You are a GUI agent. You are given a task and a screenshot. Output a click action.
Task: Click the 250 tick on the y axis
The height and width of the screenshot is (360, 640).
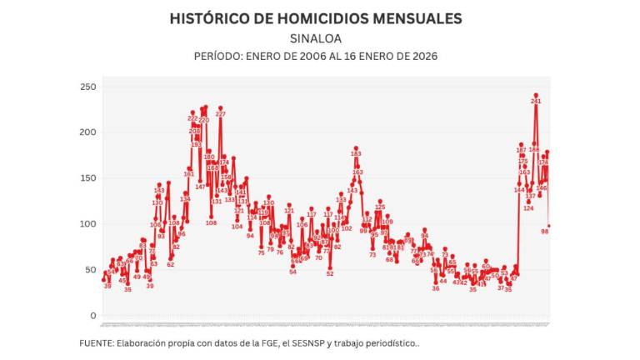pos(87,87)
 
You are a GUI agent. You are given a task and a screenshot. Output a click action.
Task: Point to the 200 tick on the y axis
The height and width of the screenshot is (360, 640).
pos(87,132)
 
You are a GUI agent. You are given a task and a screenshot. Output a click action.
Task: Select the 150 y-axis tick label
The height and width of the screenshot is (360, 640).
pos(87,178)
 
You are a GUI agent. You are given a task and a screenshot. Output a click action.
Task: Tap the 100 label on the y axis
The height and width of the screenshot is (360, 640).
pos(87,224)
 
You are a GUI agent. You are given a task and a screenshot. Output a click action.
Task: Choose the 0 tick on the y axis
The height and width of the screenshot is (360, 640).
pos(93,316)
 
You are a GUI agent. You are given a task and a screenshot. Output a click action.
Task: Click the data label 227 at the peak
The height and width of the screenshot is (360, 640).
pos(220,113)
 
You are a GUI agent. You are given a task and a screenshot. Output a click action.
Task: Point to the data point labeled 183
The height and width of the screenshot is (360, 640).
pos(356,153)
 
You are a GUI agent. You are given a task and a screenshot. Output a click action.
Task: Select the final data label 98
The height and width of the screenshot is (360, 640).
pos(544,232)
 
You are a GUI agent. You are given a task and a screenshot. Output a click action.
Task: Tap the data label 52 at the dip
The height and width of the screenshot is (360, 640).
pos(330,273)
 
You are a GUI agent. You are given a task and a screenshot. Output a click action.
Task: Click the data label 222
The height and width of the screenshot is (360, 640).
pos(192,118)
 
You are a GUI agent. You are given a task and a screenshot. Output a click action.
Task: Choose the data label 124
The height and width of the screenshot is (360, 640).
pos(527,208)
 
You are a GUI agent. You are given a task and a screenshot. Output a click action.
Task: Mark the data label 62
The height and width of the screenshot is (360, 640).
pos(171,264)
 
